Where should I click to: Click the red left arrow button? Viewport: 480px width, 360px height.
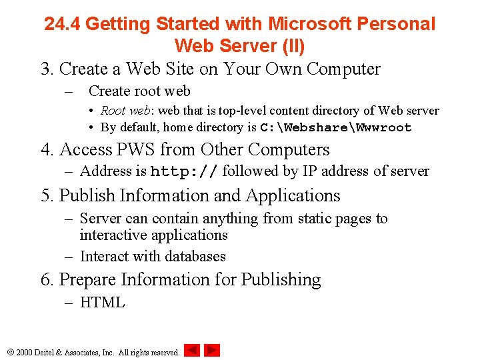tap(192, 350)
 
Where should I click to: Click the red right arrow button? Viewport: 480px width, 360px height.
tap(212, 350)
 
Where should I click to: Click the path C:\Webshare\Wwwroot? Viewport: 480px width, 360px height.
tap(335, 127)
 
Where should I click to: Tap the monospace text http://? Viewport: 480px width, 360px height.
tap(184, 171)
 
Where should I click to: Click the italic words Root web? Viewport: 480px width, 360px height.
tap(126, 111)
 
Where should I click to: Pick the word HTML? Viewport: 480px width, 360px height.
tap(102, 302)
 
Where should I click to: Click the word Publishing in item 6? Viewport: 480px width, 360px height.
tap(281, 280)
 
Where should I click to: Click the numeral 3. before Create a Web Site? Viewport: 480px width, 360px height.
tap(47, 69)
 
